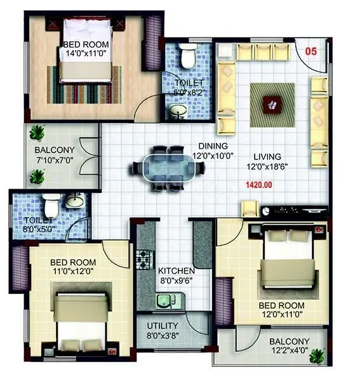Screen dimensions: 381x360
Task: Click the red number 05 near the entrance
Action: click(310, 51)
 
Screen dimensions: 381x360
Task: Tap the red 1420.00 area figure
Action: click(258, 185)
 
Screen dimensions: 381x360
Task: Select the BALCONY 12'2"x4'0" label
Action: click(289, 346)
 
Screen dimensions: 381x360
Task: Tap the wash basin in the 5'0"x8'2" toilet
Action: click(178, 112)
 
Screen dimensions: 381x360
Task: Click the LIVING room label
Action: click(267, 156)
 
